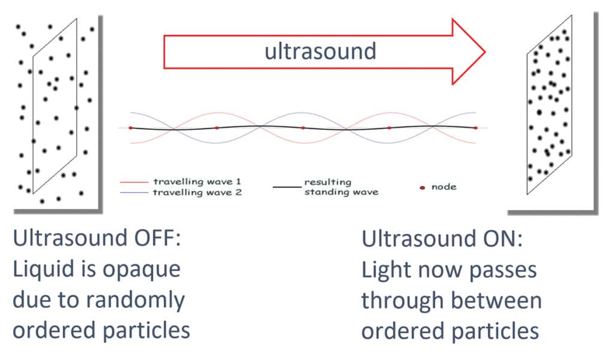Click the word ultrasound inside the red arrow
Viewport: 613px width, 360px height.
[321, 52]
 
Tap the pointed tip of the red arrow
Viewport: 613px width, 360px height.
[485, 52]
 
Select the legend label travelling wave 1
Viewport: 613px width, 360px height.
[197, 181]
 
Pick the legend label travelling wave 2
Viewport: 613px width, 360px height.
[197, 192]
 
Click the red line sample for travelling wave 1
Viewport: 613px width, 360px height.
[134, 182]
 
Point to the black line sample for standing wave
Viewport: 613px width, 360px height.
[287, 187]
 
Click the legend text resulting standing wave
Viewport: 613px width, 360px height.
[341, 187]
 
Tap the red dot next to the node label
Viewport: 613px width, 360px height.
[422, 188]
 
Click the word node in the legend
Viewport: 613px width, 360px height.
[444, 187]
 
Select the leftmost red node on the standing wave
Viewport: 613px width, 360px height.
[131, 128]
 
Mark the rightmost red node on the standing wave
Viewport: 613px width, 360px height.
[476, 128]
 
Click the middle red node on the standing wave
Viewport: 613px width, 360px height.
[303, 128]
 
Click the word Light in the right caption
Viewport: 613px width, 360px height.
[386, 270]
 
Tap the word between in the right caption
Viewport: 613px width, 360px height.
[496, 301]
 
